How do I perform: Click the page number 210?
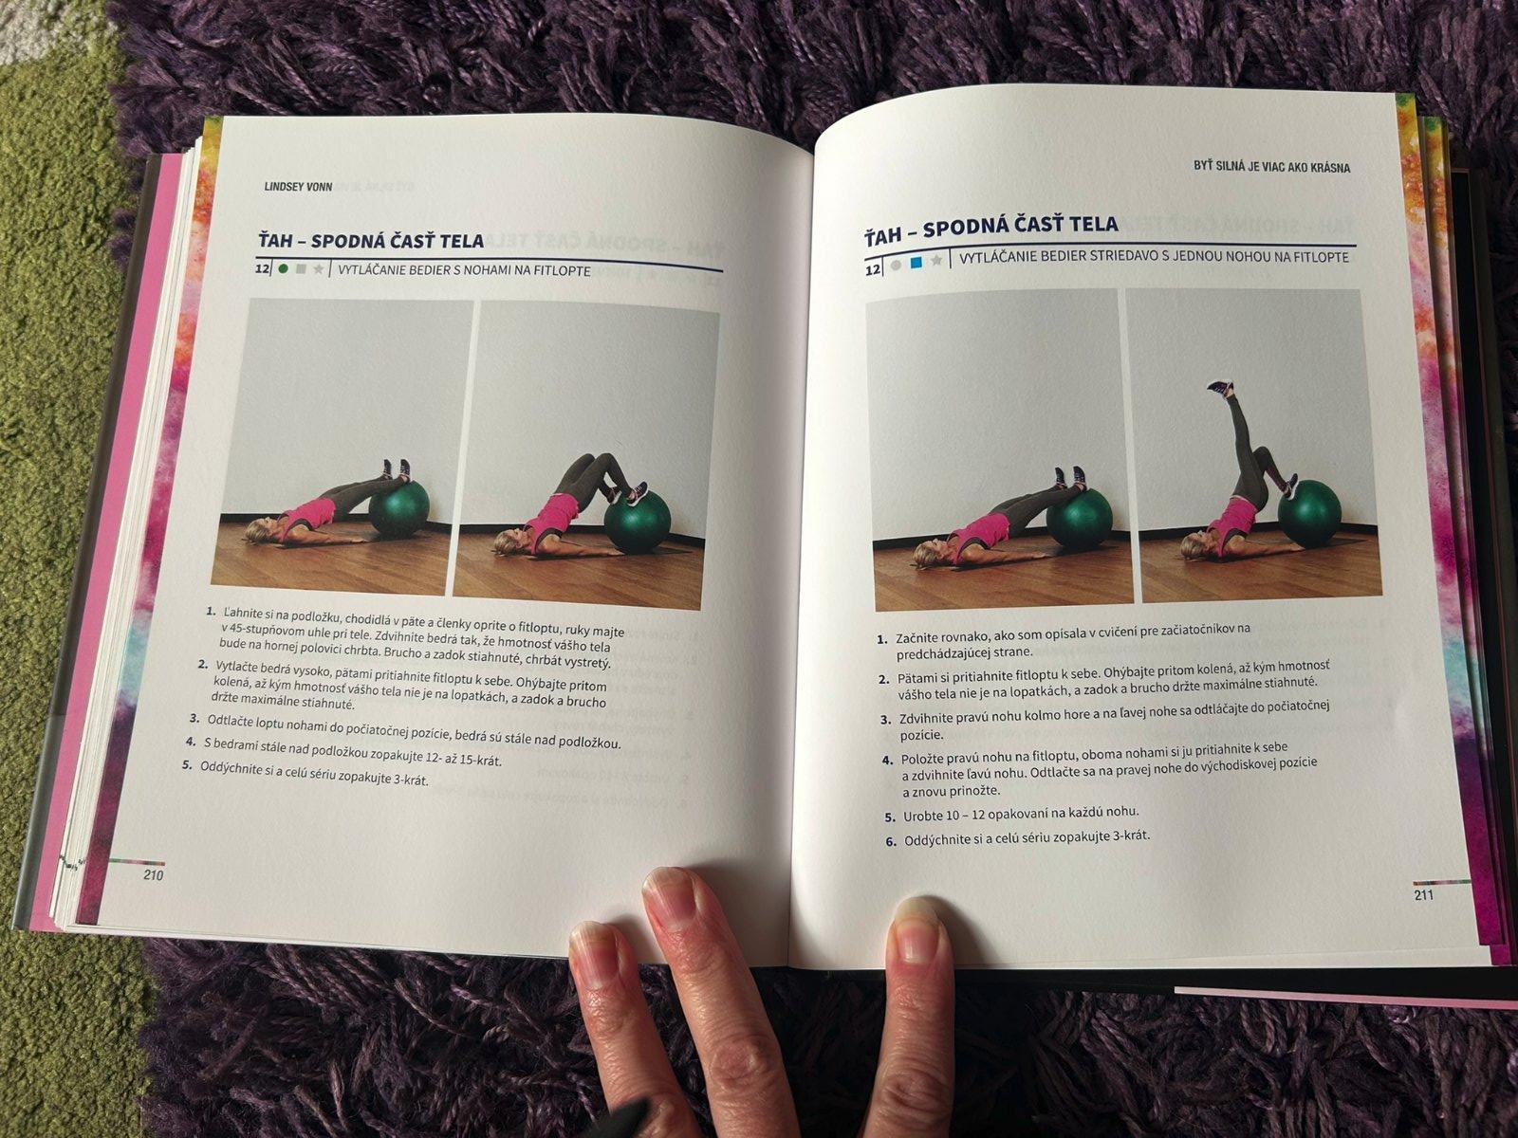[153, 875]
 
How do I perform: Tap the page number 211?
[1424, 895]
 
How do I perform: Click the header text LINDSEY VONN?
[298, 187]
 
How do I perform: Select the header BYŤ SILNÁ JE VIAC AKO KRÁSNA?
[1272, 167]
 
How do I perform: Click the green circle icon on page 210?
[283, 268]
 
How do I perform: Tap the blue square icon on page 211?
[916, 263]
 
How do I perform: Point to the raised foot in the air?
[1220, 387]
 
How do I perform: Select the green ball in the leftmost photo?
[399, 508]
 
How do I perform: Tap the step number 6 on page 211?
[892, 842]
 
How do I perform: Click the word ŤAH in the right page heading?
[883, 233]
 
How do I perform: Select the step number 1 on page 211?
[881, 639]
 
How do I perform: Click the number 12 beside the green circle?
[262, 268]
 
